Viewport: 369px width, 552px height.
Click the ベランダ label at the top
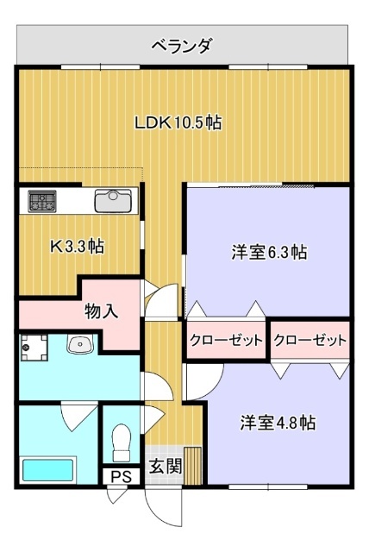181,45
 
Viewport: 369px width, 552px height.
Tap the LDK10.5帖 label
178,122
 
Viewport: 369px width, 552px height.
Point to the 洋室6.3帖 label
269,253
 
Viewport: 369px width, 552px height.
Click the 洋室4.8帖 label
277,423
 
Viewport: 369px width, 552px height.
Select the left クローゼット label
225,341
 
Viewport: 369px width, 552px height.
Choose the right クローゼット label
310,341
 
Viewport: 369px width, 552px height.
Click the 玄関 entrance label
165,467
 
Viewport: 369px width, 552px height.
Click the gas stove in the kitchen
41,202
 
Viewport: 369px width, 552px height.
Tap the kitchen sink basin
112,201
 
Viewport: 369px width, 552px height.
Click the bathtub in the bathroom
48,471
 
